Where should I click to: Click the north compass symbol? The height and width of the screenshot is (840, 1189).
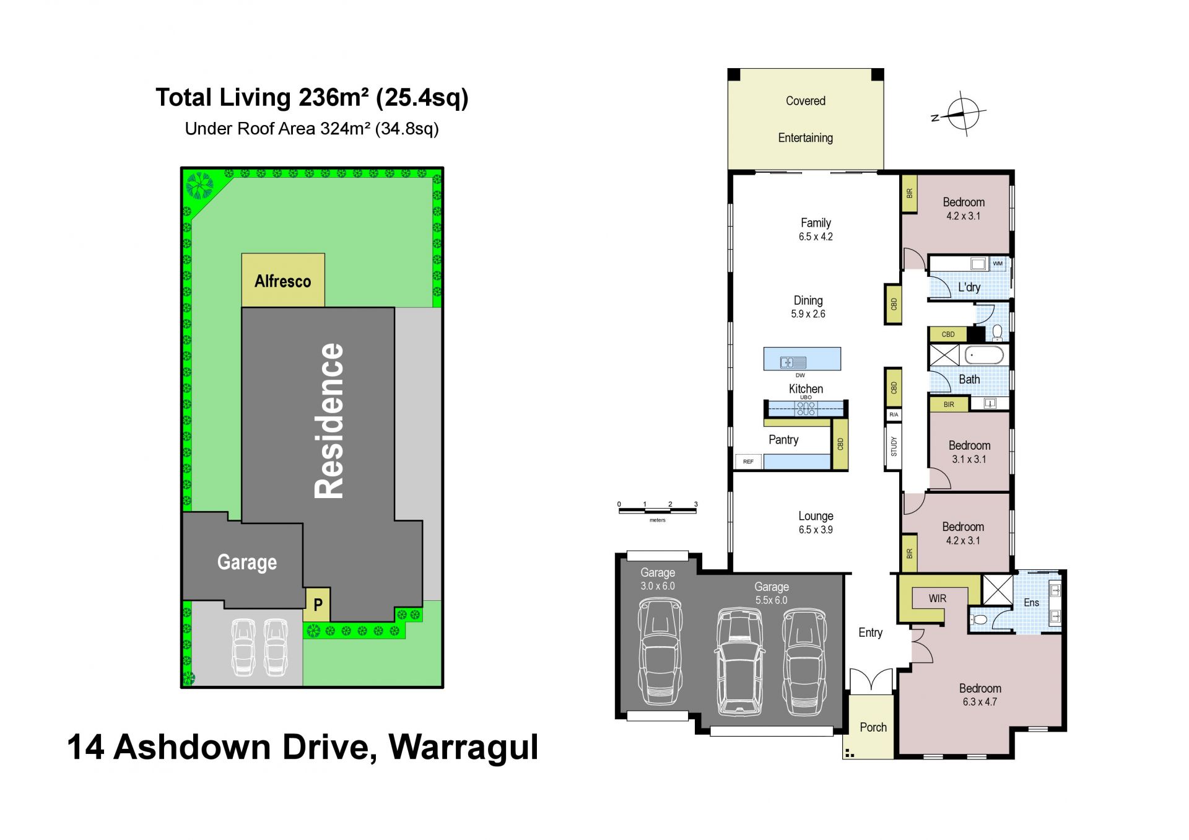click(961, 114)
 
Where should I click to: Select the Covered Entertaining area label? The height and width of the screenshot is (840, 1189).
click(805, 119)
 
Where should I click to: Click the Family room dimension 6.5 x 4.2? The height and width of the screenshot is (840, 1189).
click(816, 237)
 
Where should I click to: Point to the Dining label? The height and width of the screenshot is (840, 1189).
click(808, 300)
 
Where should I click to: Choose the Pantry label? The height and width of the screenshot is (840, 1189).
click(783, 440)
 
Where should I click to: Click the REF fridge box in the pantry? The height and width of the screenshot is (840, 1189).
click(749, 462)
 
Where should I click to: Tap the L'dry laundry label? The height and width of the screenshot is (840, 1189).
click(969, 287)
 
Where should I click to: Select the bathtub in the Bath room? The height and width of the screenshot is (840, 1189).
click(984, 356)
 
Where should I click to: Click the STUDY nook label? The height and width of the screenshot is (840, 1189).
click(894, 447)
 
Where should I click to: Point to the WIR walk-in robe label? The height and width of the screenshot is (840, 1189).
click(938, 598)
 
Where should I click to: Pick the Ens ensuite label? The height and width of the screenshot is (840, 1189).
click(1031, 603)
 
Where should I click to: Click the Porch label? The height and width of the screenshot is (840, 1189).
click(873, 727)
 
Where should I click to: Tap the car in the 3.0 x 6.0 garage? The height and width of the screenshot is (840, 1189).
click(660, 651)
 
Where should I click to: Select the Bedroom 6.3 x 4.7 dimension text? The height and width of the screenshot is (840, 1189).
click(980, 702)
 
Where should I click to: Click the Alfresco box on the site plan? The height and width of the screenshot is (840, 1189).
click(283, 280)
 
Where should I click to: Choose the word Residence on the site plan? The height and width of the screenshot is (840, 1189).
click(329, 421)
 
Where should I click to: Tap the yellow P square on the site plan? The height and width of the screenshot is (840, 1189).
click(316, 605)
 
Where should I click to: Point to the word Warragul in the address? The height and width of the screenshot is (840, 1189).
click(463, 748)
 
